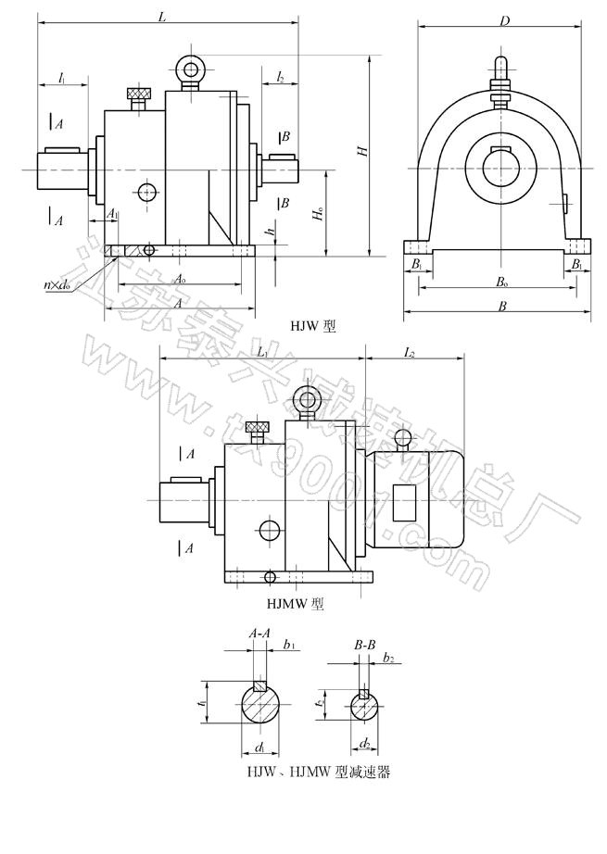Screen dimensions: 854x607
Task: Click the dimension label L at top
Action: click(163, 18)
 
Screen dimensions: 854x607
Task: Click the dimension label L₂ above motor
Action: click(410, 353)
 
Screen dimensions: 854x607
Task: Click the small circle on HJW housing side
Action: click(145, 193)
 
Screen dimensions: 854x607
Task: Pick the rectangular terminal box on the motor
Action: click(404, 502)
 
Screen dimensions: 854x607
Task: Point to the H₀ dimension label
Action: click(319, 218)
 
